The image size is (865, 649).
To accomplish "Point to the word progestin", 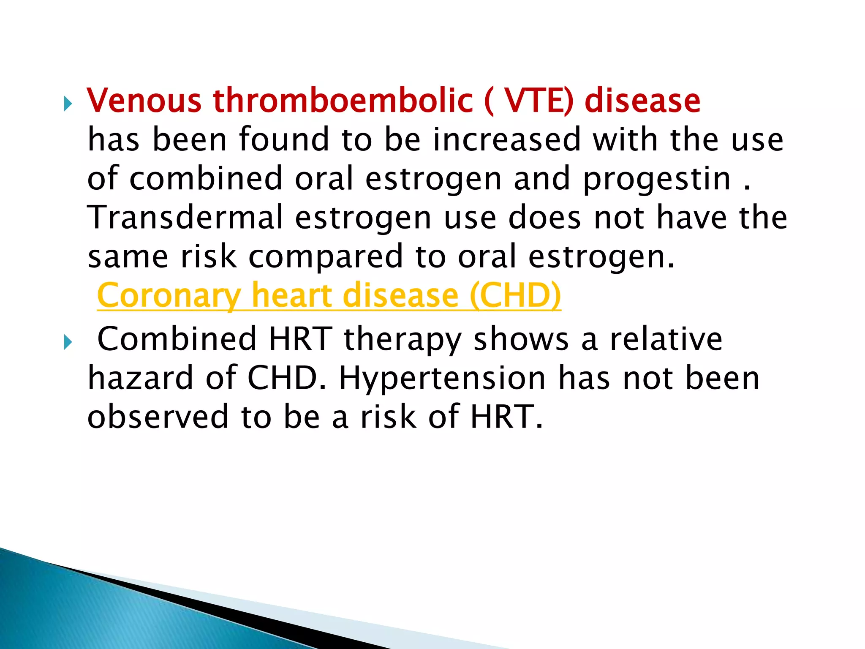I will tap(657, 179).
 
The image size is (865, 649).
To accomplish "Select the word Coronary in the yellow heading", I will tap(169, 296).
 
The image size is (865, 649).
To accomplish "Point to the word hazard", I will tap(140, 378).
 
